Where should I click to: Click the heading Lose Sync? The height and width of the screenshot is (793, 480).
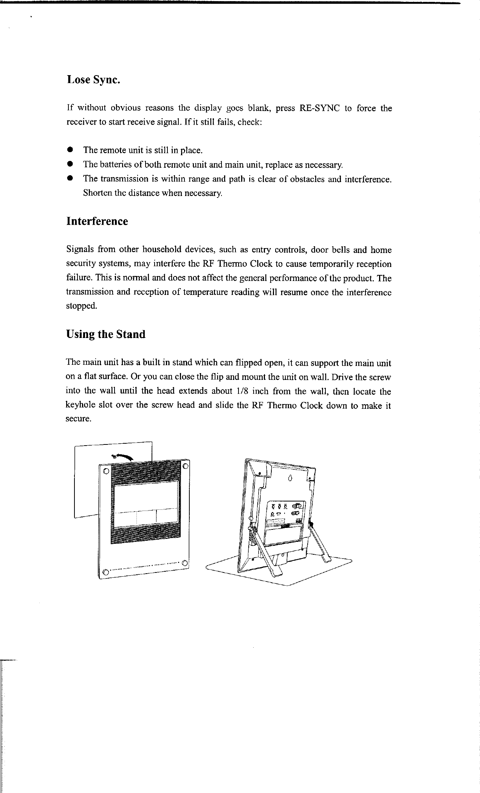[93, 80]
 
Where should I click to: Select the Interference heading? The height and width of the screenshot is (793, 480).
[97, 221]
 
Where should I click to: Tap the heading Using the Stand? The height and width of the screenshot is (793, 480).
[106, 335]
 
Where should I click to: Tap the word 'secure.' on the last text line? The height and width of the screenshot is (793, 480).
[78, 420]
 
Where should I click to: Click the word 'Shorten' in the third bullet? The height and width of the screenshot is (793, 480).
[97, 194]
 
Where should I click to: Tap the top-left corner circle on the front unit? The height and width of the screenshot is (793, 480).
[106, 471]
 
